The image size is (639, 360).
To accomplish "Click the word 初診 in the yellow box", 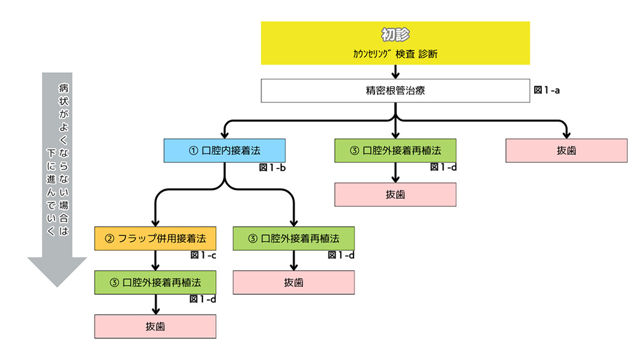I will (395, 35).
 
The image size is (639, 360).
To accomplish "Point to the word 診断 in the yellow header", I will (428, 54).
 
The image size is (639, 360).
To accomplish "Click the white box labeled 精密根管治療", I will (395, 90).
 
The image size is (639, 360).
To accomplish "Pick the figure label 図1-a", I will (546, 90).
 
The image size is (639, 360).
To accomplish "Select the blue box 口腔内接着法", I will (224, 151).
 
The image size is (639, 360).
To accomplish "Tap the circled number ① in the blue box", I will (192, 151).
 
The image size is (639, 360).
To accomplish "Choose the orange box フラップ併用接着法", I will (155, 239).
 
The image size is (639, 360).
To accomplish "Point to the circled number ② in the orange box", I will (109, 239).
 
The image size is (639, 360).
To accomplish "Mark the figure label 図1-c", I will (203, 255).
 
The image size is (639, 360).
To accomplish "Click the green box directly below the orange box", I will (155, 282).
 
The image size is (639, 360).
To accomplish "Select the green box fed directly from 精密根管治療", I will (395, 151).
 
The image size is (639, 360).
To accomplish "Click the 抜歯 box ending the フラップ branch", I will (155, 326).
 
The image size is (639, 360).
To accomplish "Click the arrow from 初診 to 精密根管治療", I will (396, 71).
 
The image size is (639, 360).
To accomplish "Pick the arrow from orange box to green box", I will (155, 260).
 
